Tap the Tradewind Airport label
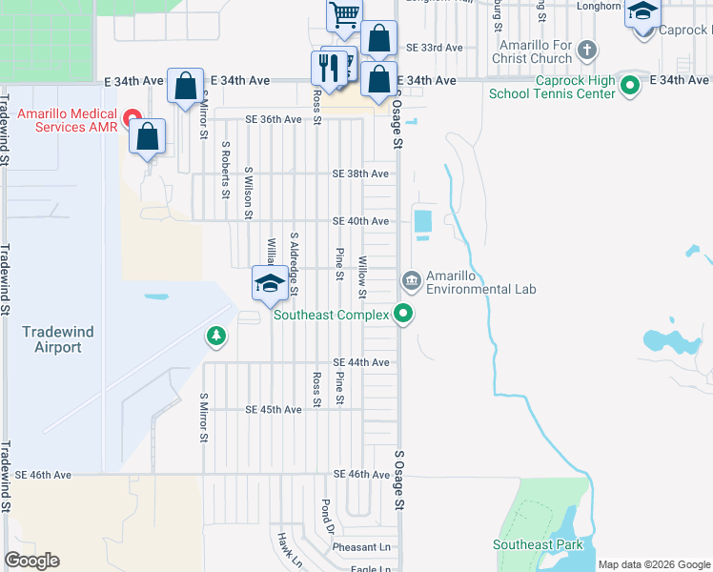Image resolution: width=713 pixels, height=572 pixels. (58, 339)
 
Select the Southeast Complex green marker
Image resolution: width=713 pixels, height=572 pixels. (403, 313)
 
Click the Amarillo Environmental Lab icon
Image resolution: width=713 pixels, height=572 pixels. (412, 279)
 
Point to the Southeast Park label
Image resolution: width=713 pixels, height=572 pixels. (537, 545)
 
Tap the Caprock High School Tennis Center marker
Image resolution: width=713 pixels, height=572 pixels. (629, 86)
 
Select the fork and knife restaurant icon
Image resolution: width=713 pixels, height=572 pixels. (326, 68)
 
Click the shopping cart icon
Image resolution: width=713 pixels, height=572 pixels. (343, 14)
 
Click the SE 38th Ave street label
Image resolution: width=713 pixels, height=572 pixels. (360, 174)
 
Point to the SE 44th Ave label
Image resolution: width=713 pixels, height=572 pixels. (360, 362)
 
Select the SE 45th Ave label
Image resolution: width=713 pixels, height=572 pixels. (274, 409)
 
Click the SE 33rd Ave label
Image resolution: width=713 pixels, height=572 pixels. (434, 47)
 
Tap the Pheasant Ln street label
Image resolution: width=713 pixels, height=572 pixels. (361, 547)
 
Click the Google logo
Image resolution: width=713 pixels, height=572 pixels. (31, 561)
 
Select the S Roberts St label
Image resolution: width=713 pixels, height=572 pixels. (226, 171)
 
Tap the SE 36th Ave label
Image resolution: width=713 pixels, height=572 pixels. (274, 119)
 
